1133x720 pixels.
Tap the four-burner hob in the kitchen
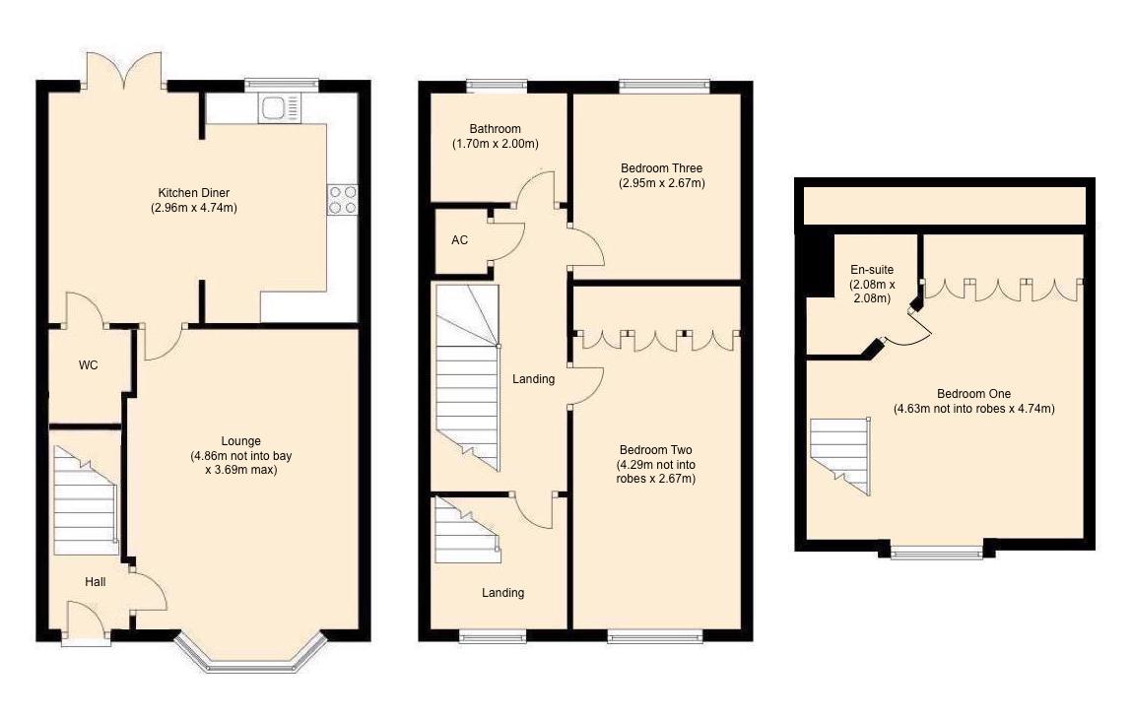pyautogui.click(x=343, y=200)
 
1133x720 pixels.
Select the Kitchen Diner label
pyautogui.click(x=194, y=192)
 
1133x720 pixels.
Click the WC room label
pyautogui.click(x=89, y=365)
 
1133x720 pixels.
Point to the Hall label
pyautogui.click(x=95, y=582)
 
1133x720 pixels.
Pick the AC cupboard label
pyautogui.click(x=459, y=240)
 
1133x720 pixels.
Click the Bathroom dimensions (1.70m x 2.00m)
pyautogui.click(x=495, y=144)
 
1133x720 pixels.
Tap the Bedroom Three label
pyautogui.click(x=661, y=168)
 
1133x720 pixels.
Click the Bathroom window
pyautogui.click(x=497, y=86)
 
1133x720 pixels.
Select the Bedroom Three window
pyautogui.click(x=664, y=86)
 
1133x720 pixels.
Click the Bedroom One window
pyautogui.click(x=936, y=553)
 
